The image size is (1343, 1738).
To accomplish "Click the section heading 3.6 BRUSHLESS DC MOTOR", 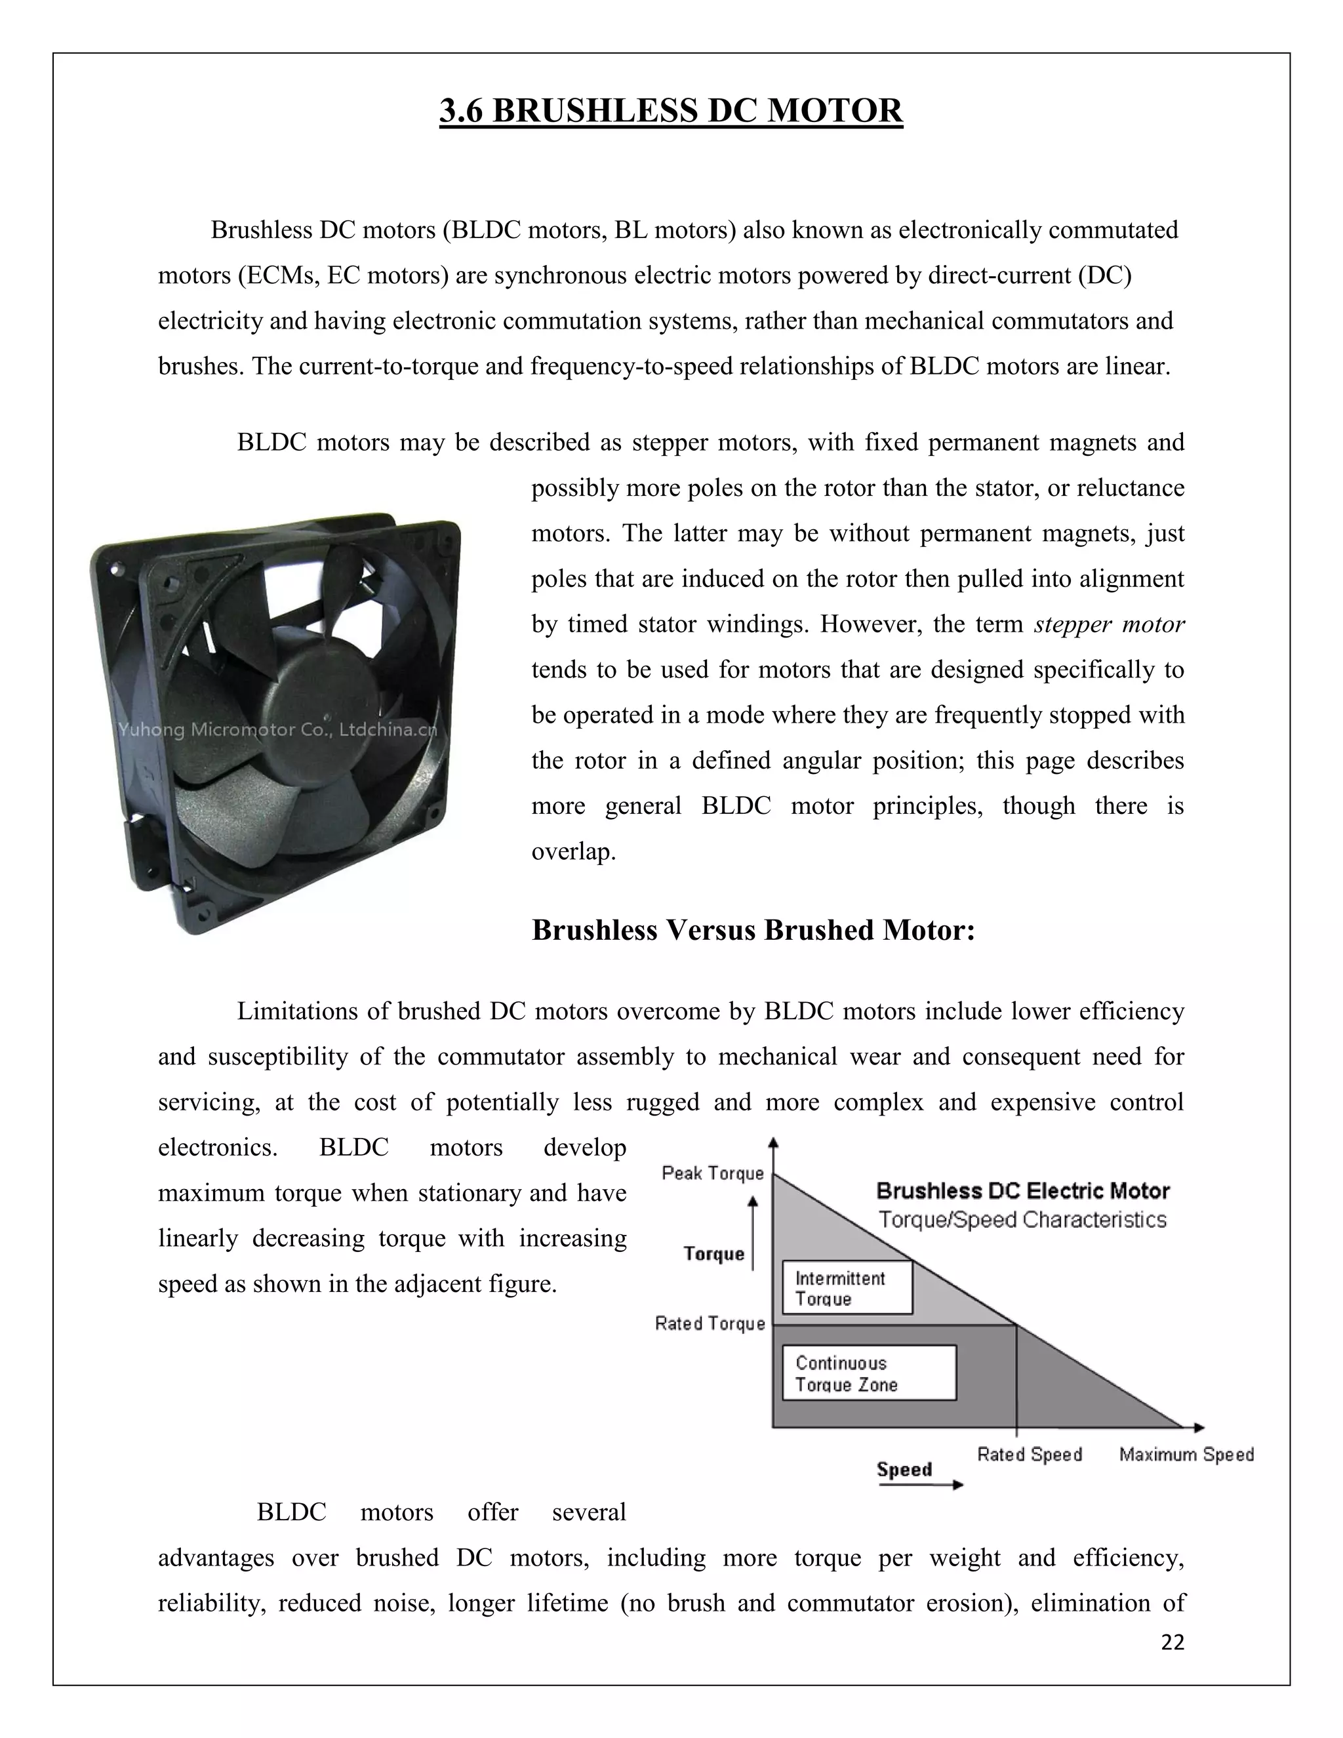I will pos(671,111).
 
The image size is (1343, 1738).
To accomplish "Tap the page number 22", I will pos(1172,1642).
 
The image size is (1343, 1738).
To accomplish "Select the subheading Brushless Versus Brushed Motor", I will pos(753,930).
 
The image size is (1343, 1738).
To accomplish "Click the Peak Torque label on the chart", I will pos(712,1173).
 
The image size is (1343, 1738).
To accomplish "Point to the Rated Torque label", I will pos(710,1324).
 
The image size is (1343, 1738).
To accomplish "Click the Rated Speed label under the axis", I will pos(1030,1455).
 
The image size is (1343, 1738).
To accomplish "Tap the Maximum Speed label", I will pos(1186,1455).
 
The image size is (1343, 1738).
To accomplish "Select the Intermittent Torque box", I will pos(847,1287).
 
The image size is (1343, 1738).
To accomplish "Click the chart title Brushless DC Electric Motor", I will pos(1022,1191).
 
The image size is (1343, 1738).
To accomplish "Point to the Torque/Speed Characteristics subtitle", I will pos(1022,1220).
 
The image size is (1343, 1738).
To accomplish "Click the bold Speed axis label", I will pos(904,1470).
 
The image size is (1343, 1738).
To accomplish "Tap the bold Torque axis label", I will pos(713,1254).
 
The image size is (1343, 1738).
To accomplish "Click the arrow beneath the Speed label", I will pos(920,1485).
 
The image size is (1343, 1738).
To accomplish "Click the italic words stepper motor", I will pos(1109,624).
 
